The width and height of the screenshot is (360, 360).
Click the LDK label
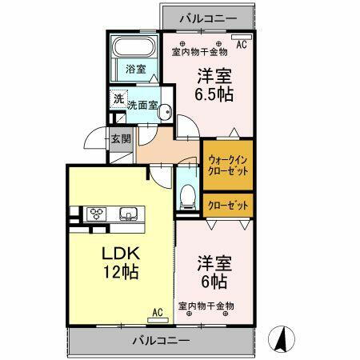pos(117,253)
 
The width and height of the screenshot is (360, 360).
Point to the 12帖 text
pos(120,272)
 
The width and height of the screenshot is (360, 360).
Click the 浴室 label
pos(135,69)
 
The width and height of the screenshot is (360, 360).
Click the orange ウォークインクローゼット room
pos(228,164)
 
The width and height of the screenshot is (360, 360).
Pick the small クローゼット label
pos(228,206)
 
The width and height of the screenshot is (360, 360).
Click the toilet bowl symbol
pos(188,194)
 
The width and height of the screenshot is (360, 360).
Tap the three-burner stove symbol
pos(98,214)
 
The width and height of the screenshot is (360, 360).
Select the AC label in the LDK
pos(157,311)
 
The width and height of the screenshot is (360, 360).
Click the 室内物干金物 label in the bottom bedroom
pos(206,306)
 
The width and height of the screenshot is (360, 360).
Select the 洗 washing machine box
pos(118,100)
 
